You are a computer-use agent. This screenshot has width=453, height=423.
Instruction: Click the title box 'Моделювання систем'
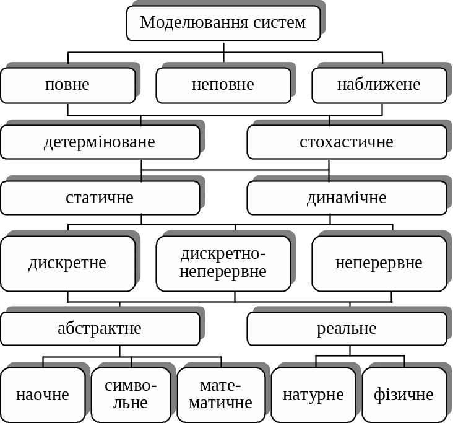(223, 23)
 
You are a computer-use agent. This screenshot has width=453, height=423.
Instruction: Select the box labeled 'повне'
(67, 85)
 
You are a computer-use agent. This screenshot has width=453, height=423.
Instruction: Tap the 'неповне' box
(223, 85)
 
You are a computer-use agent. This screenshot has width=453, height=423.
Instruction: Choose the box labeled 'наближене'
(379, 85)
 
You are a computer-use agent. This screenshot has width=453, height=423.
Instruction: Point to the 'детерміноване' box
(100, 142)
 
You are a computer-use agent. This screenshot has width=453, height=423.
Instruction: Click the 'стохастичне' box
(347, 142)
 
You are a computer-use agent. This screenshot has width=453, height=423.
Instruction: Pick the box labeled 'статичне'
(100, 198)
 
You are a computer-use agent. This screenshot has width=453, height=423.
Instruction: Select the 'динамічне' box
(347, 198)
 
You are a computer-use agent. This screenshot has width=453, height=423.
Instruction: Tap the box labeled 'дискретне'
(67, 263)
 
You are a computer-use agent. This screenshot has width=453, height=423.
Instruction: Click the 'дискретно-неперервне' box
(223, 263)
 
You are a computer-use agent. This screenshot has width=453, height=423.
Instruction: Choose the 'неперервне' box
(379, 263)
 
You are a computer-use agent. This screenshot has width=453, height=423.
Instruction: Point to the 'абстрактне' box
(100, 328)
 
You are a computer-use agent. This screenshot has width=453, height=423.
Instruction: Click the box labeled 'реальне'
(347, 328)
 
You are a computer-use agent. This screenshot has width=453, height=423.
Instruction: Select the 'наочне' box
(43, 395)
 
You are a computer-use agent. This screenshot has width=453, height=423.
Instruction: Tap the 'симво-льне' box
(131, 395)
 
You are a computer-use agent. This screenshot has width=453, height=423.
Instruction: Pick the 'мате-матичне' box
(220, 395)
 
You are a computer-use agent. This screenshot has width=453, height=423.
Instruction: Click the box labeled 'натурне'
(313, 395)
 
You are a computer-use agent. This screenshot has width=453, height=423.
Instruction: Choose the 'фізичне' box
(403, 395)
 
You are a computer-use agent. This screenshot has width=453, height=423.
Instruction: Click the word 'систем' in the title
(279, 23)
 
